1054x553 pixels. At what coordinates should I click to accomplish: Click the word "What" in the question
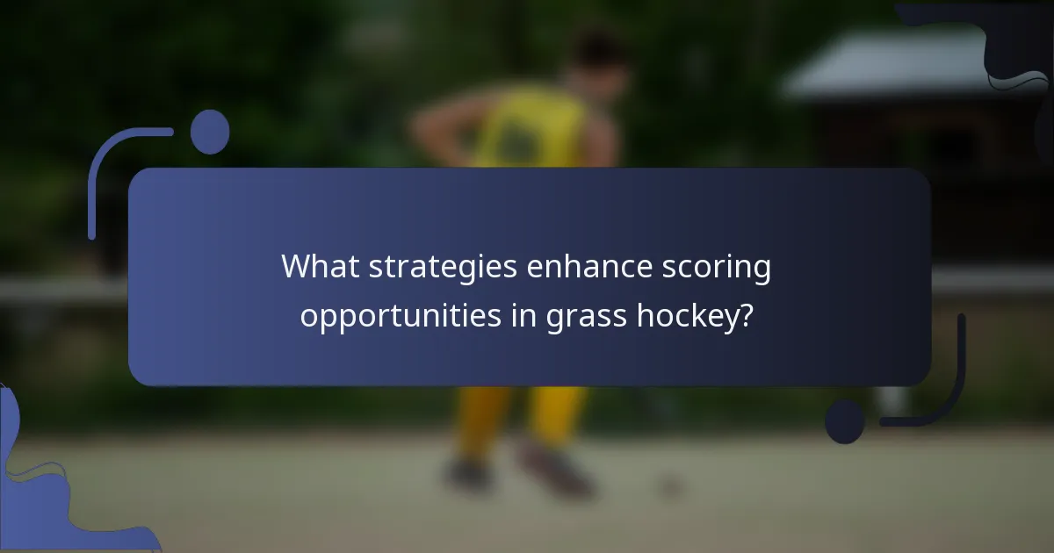click(x=320, y=268)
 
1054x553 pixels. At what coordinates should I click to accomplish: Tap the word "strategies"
click(x=443, y=268)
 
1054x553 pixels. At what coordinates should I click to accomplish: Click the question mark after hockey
click(x=747, y=317)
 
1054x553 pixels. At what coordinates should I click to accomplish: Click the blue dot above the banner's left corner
click(x=209, y=132)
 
